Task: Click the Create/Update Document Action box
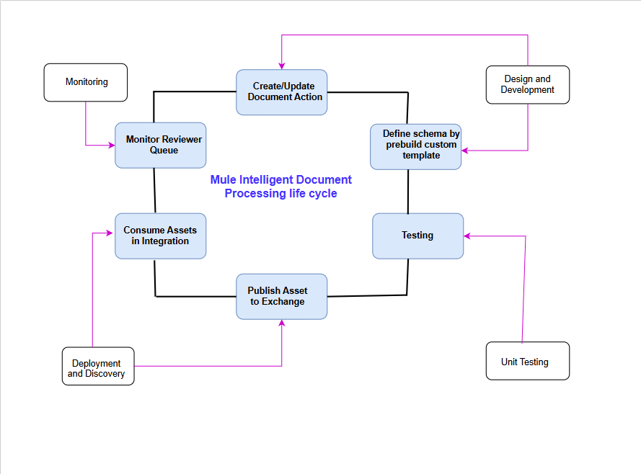(x=282, y=92)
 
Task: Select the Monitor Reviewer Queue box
(x=161, y=145)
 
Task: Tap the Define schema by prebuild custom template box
(x=416, y=146)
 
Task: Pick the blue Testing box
(x=417, y=236)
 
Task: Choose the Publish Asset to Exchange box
(x=282, y=296)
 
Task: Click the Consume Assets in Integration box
(x=161, y=236)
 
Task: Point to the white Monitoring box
(x=86, y=82)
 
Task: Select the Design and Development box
(x=527, y=85)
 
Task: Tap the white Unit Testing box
(x=527, y=361)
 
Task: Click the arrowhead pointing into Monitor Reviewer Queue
(x=112, y=146)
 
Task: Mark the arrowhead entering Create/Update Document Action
(x=282, y=66)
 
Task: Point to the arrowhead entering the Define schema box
(x=466, y=151)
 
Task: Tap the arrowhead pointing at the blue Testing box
(x=467, y=236)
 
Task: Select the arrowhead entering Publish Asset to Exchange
(x=282, y=323)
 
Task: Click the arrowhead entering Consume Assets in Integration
(x=111, y=233)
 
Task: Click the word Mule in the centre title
(x=222, y=180)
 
